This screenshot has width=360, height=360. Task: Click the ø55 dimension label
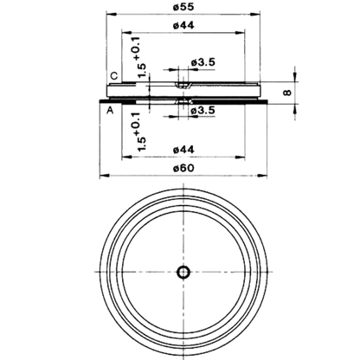click(183, 7)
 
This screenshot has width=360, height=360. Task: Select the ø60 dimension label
click(183, 168)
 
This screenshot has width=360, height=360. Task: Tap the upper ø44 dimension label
click(183, 25)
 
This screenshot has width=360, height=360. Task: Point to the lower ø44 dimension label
click(183, 150)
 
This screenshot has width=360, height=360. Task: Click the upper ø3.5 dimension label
click(203, 62)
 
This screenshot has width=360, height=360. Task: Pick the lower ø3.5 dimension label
click(203, 110)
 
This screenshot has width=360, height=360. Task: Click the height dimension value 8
click(287, 93)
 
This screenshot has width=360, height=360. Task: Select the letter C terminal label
click(114, 76)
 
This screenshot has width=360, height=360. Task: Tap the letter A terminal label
click(110, 110)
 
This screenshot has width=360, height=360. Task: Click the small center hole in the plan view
click(183, 272)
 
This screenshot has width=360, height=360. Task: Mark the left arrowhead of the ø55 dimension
click(112, 14)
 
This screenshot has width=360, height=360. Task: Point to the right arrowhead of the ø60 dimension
click(262, 175)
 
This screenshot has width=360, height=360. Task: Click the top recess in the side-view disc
click(183, 85)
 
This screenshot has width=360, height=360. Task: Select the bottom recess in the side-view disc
click(183, 101)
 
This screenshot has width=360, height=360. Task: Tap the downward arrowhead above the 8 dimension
click(294, 76)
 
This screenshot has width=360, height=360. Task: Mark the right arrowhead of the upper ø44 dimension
click(240, 32)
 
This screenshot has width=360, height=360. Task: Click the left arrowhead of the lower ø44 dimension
click(126, 157)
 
